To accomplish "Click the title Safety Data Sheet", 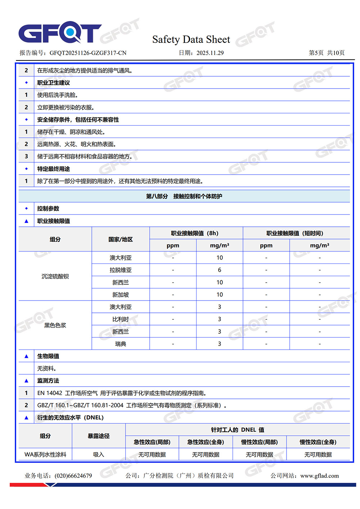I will point(191,39).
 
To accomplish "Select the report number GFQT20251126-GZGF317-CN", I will point(88,53).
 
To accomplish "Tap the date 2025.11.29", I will point(210,53).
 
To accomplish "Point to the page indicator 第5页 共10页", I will point(327,53).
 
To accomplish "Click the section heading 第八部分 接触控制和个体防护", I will point(184,196).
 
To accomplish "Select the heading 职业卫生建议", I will point(54,83).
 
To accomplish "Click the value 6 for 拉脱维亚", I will point(220,270).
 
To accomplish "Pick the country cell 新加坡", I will point(121,294).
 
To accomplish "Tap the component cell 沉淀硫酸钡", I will point(55,276).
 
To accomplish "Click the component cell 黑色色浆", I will point(55,325).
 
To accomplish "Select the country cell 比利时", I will point(121,319).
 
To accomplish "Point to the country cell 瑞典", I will point(121,344).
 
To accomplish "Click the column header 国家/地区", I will point(121,239).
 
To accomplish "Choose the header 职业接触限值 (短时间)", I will point(295,233).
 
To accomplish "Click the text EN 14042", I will point(50,393).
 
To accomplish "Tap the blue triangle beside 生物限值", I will point(26,356).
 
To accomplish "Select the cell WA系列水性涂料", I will point(45,455).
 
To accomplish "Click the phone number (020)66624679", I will point(73,476).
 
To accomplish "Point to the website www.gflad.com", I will point(319,476).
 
